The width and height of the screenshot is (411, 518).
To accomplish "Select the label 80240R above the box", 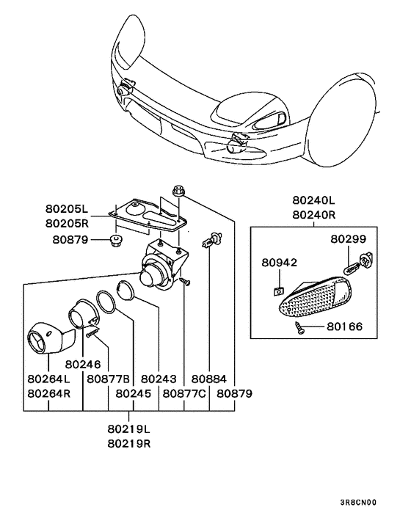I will coord(313,215).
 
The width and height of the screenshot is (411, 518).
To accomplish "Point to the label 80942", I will coord(280,261).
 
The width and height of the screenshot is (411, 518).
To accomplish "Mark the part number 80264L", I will coord(48,379).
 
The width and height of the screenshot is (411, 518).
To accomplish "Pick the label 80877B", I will coord(109,379).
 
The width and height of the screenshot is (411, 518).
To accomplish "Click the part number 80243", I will coord(159,379).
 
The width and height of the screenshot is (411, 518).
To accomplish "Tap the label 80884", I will coord(210,379).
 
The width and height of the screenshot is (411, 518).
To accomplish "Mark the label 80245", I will coord(133,393).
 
